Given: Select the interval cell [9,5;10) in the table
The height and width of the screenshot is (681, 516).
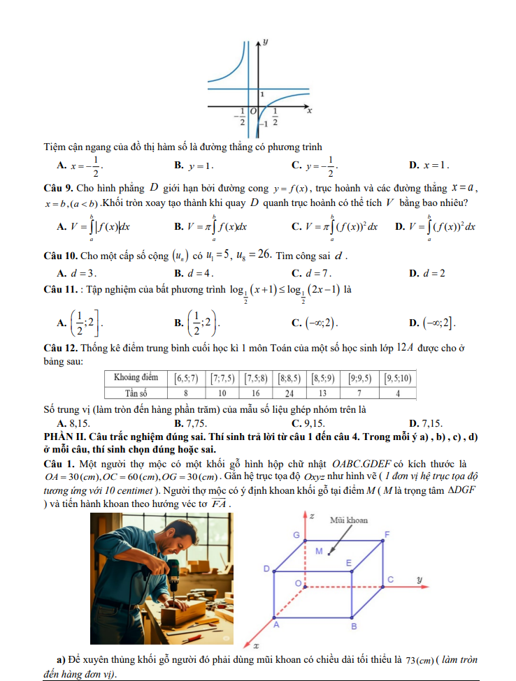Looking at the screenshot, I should [x=399, y=379].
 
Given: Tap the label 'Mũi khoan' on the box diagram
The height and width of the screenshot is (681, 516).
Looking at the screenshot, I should [x=348, y=520].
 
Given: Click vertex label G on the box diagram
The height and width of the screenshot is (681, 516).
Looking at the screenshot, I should [x=296, y=535].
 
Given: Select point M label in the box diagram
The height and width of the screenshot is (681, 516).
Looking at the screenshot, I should [x=319, y=552].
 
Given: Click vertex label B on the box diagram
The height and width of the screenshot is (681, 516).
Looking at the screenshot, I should [x=354, y=627].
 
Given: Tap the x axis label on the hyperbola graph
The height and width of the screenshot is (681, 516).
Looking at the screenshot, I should [x=308, y=110].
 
